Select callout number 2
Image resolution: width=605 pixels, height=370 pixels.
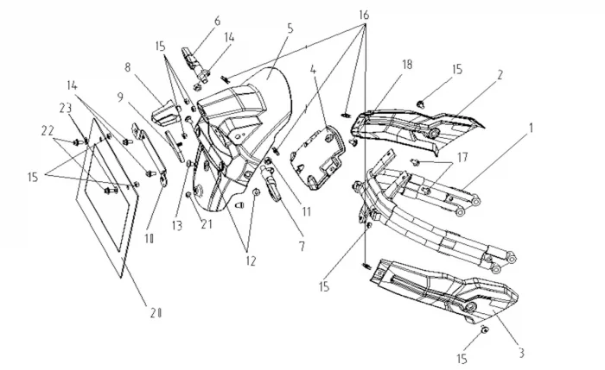click(x=499, y=74)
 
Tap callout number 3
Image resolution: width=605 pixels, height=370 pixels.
click(x=522, y=352)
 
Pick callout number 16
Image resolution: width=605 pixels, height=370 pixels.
click(x=363, y=16)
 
